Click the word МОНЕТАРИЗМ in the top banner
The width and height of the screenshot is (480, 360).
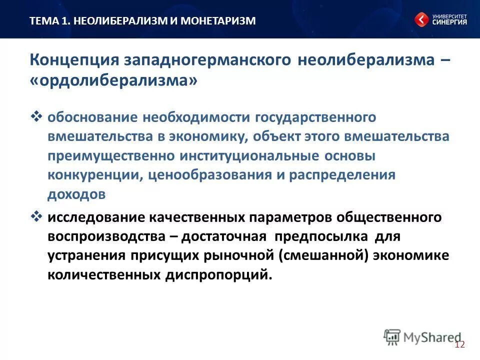[217, 20]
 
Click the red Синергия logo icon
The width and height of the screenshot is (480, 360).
[421, 19]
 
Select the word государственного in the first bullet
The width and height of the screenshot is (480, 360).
[315, 117]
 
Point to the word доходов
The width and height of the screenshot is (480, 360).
[76, 195]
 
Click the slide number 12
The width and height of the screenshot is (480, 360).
[460, 344]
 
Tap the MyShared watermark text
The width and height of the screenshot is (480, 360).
[432, 337]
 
